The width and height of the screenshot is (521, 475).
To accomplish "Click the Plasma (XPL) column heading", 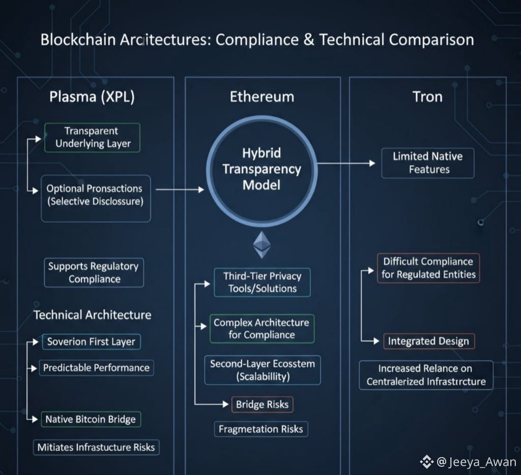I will click(x=92, y=97).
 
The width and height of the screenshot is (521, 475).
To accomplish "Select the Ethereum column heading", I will click(x=262, y=97).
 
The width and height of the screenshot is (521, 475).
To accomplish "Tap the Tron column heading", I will click(x=427, y=97).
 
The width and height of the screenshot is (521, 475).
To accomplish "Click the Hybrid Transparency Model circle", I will click(x=262, y=169).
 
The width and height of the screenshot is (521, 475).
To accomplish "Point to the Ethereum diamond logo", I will click(x=262, y=245).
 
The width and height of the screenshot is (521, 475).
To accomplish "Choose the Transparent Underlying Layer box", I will click(x=93, y=138).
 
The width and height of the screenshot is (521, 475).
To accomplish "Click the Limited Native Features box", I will click(x=428, y=163).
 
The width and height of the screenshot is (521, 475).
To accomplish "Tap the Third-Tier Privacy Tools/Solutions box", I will click(x=262, y=282).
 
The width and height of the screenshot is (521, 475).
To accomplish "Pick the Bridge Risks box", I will click(x=262, y=405).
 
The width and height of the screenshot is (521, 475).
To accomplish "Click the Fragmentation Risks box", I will click(x=260, y=429).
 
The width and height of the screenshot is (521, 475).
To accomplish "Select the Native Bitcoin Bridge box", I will click(x=91, y=419).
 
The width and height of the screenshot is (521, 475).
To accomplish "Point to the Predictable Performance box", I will click(x=96, y=368).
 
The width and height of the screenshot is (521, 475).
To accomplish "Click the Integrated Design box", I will click(x=428, y=341).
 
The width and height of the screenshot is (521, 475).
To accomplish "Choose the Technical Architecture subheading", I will click(x=93, y=315).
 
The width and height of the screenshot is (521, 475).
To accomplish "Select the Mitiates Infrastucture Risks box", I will click(x=97, y=447).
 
